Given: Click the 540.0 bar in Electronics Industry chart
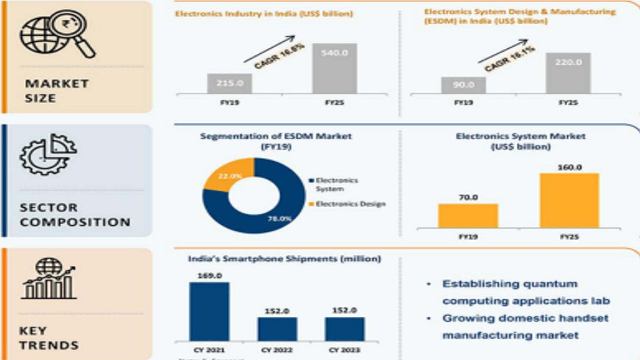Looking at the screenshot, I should (334, 68).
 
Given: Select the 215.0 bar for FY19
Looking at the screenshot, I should (229, 83).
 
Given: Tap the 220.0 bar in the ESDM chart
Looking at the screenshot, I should (568, 73).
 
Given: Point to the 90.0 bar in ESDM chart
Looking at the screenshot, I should (463, 85).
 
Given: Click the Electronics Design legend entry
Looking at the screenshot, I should (350, 204).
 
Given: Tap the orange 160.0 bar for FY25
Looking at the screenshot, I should (569, 201).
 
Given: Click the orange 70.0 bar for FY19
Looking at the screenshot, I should (468, 216).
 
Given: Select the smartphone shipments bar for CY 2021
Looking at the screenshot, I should (209, 312).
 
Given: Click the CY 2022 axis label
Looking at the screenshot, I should (277, 350).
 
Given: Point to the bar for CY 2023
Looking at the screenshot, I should (345, 329).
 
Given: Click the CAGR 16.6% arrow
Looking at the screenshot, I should (269, 49).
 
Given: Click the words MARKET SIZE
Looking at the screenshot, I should (57, 91).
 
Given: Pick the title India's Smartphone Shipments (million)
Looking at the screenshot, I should (284, 259).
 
